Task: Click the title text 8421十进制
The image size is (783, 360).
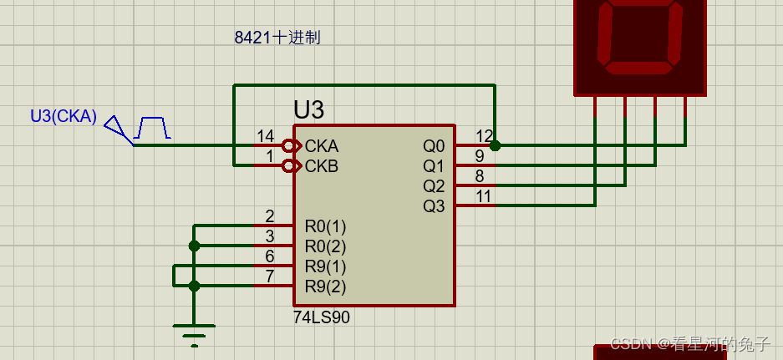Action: point(277,38)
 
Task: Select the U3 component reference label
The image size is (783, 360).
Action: point(308,110)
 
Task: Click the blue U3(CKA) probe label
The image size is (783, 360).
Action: point(64,116)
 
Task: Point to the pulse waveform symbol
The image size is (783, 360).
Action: point(153,128)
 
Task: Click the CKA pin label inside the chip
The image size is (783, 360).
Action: point(322,146)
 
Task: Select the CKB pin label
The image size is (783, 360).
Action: point(322,166)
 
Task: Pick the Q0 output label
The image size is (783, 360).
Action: point(435,146)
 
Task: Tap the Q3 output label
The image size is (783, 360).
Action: point(435,206)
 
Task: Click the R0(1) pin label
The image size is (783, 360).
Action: point(325,226)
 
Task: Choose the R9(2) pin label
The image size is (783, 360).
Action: point(325,286)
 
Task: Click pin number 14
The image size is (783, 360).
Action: point(265,136)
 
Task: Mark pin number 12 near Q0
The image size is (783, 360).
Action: point(484,136)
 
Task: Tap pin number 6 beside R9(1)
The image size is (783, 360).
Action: point(270,256)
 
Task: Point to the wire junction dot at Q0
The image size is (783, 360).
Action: point(495,145)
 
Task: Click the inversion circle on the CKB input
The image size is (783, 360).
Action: point(289,166)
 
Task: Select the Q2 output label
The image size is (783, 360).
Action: point(435,186)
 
